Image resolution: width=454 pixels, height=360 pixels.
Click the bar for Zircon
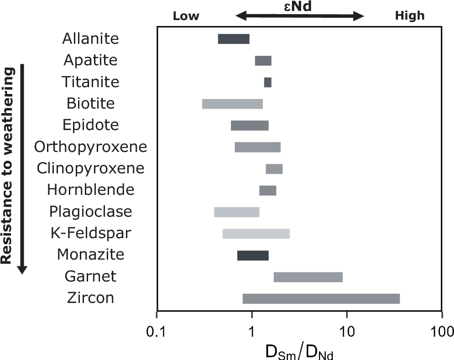[x=321, y=299]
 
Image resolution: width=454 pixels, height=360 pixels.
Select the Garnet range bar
[x=308, y=277]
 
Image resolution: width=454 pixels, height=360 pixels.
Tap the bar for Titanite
[x=268, y=82]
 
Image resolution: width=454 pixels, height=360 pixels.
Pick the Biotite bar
[x=232, y=104]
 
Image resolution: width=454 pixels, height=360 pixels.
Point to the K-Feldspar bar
[x=256, y=234]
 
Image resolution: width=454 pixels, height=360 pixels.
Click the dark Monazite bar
[x=253, y=256]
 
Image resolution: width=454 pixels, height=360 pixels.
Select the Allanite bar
[x=234, y=39]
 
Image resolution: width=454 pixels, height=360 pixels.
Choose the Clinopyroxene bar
[x=274, y=169]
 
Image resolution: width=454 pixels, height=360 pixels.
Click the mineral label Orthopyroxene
[x=91, y=147]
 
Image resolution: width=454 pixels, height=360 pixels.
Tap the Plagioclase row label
[x=90, y=212]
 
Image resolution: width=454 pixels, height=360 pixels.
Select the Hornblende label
[x=91, y=190]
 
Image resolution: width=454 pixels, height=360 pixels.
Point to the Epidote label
[x=90, y=125]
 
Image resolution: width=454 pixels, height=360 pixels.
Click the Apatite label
[x=90, y=60]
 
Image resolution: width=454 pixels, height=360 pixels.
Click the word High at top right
[x=409, y=16]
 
